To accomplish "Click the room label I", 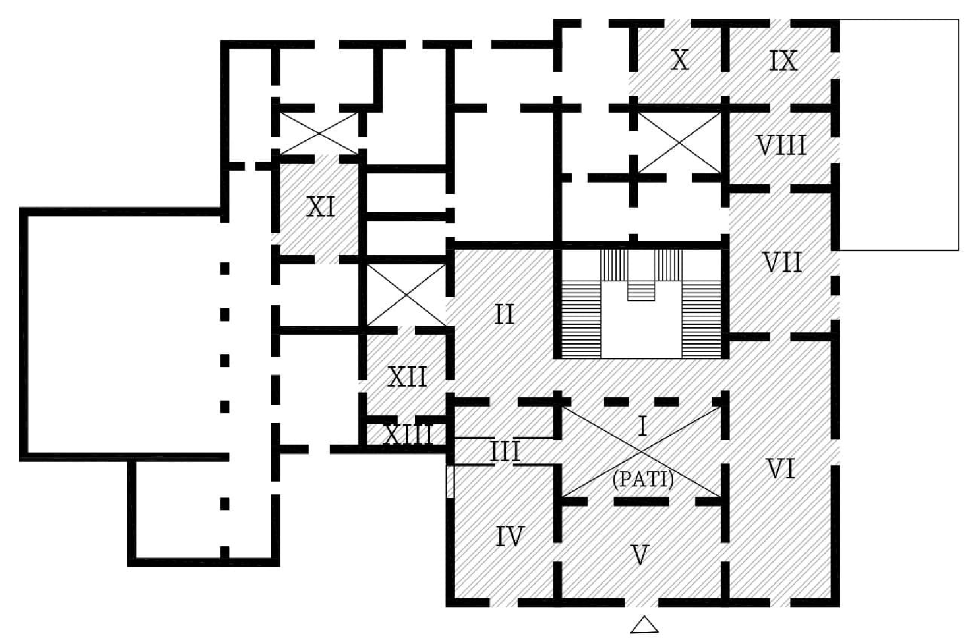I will (x=642, y=426).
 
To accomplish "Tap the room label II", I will (x=504, y=314).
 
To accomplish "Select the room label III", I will (x=505, y=452).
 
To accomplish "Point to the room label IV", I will (x=509, y=536).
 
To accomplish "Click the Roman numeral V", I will (x=640, y=555).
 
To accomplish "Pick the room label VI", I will (x=781, y=469).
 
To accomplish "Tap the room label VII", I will (x=782, y=262).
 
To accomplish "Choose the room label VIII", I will (x=781, y=145).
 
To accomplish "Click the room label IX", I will (x=783, y=61).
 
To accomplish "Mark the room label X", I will (x=679, y=60).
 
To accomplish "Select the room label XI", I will (x=320, y=208).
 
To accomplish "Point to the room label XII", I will (x=407, y=377).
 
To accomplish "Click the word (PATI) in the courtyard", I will (x=643, y=479).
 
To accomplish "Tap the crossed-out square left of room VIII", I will (x=679, y=142).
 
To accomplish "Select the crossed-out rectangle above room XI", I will (x=319, y=133).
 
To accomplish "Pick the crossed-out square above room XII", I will (x=406, y=295).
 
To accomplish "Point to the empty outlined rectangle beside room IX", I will (x=899, y=135).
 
